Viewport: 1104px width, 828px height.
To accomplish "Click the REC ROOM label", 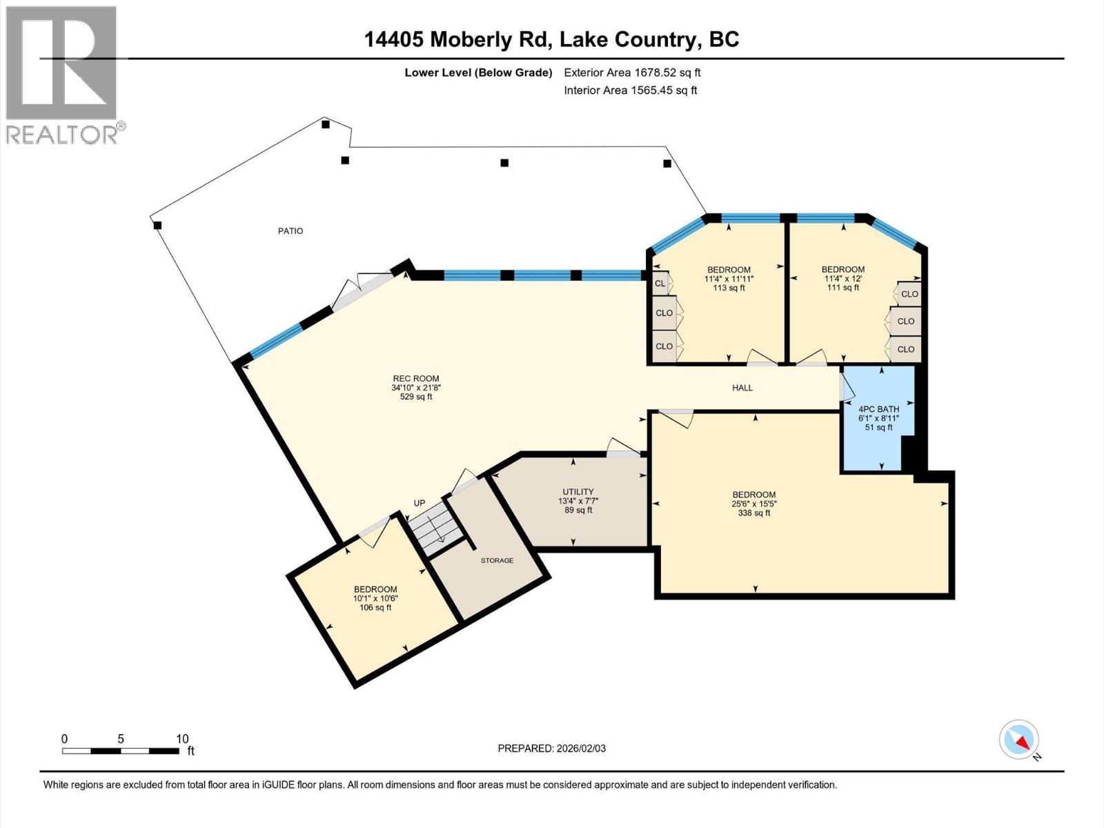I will click(416, 387).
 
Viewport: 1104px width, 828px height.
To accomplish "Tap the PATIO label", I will click(290, 231).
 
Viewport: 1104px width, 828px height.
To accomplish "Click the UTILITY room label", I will click(578, 501).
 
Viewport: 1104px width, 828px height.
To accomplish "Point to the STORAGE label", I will click(497, 560).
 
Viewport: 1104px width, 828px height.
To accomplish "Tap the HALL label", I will click(742, 388).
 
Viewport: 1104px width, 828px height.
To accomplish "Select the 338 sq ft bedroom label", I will click(754, 504).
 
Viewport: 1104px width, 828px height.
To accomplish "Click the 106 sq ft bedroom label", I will click(375, 598).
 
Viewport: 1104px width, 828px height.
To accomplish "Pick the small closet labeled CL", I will click(660, 284).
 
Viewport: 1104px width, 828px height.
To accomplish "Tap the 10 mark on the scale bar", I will click(181, 739).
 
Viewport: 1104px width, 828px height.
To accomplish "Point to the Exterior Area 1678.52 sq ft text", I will click(632, 72).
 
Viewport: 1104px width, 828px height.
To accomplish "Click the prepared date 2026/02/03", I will click(552, 749).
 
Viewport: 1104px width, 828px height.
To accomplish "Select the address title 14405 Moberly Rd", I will click(551, 39).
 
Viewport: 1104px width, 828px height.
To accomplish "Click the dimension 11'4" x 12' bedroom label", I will click(843, 279).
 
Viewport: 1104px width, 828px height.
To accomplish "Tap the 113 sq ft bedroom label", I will click(729, 279).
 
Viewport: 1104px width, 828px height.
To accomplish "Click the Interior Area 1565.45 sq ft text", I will click(630, 90).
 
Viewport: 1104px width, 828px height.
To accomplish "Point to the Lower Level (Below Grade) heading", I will click(478, 72).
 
